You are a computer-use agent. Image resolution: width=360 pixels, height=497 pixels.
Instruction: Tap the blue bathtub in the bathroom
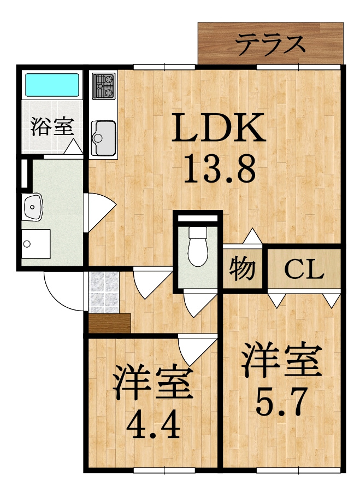click(52, 85)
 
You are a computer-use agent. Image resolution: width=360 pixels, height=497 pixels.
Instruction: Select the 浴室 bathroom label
click(52, 126)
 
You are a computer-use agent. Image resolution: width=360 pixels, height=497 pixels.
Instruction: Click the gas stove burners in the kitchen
click(103, 86)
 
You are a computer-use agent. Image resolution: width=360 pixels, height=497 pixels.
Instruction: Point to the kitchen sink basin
click(103, 138)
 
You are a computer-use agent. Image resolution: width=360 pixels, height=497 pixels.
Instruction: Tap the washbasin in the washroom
click(32, 207)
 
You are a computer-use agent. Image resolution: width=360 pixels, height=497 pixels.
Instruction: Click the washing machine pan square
click(36, 244)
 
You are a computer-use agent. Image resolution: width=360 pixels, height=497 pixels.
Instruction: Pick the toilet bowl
click(198, 246)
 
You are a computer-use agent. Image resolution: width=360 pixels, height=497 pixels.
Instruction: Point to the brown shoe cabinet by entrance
click(110, 323)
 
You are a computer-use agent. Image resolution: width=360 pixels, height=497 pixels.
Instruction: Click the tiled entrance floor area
click(104, 293)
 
